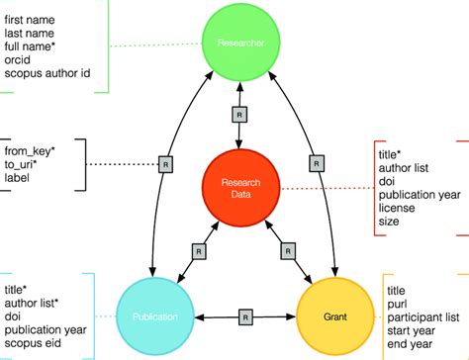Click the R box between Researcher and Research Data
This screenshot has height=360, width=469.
click(236, 115)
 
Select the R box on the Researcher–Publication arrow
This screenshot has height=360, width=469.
click(167, 163)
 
